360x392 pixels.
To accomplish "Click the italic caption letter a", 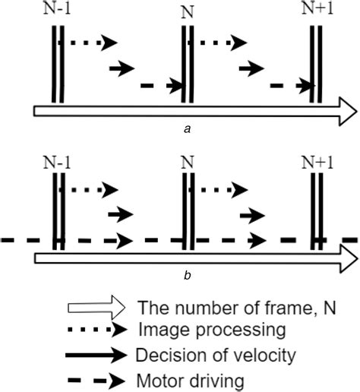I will click(x=187, y=130).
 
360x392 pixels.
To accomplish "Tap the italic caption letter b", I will click(x=187, y=276).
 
